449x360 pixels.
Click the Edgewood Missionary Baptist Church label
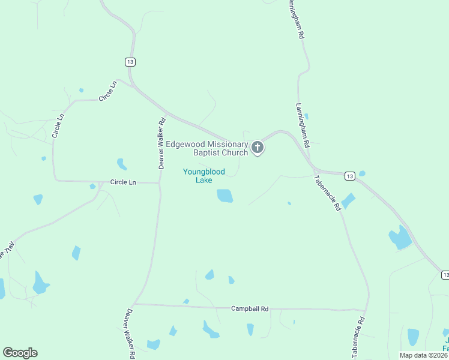207,148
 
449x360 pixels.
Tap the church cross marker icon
258,147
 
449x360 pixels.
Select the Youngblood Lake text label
204,176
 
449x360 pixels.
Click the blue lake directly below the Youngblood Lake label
224,196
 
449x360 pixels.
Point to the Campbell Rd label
250,308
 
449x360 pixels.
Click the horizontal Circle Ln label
124,181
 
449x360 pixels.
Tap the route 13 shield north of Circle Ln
130,61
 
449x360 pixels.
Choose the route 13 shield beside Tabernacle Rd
350,175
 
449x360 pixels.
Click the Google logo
20,353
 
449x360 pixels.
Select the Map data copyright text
423,355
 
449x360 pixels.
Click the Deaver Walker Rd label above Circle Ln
161,143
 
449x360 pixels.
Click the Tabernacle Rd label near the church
328,192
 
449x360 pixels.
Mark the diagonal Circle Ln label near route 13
107,91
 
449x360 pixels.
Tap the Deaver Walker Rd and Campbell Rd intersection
134,304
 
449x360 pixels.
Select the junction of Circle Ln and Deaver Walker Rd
159,182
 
